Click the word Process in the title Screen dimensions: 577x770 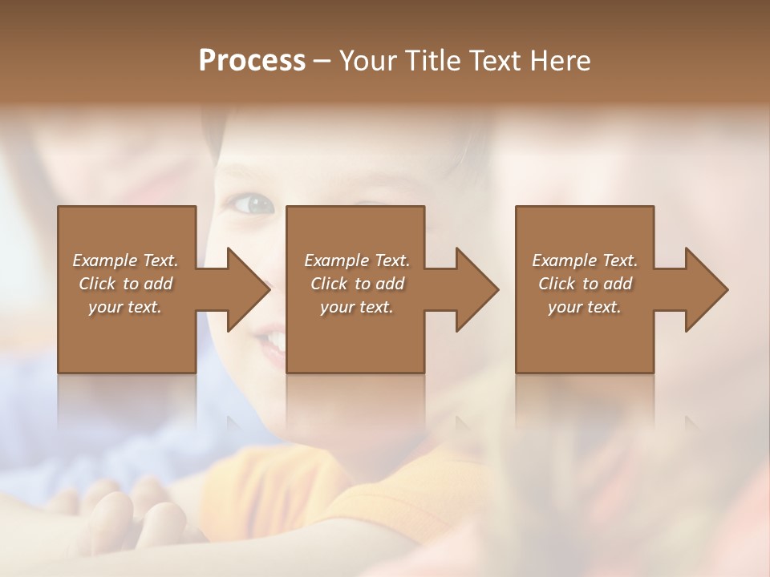(x=252, y=61)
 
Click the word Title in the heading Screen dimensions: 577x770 (x=434, y=61)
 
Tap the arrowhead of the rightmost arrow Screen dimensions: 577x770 (x=705, y=289)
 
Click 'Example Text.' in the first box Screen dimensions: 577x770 (x=125, y=260)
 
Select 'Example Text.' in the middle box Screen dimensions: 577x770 (x=357, y=260)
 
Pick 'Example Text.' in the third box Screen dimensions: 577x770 (x=585, y=260)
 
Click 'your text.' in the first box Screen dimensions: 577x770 (x=125, y=307)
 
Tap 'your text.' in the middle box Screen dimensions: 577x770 (x=357, y=307)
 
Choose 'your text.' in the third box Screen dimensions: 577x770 (x=585, y=307)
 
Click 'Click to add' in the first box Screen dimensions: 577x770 (x=125, y=284)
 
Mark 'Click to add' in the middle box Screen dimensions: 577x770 (x=357, y=284)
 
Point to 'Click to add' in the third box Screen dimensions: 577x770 (x=585, y=284)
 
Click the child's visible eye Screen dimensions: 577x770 (x=256, y=204)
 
